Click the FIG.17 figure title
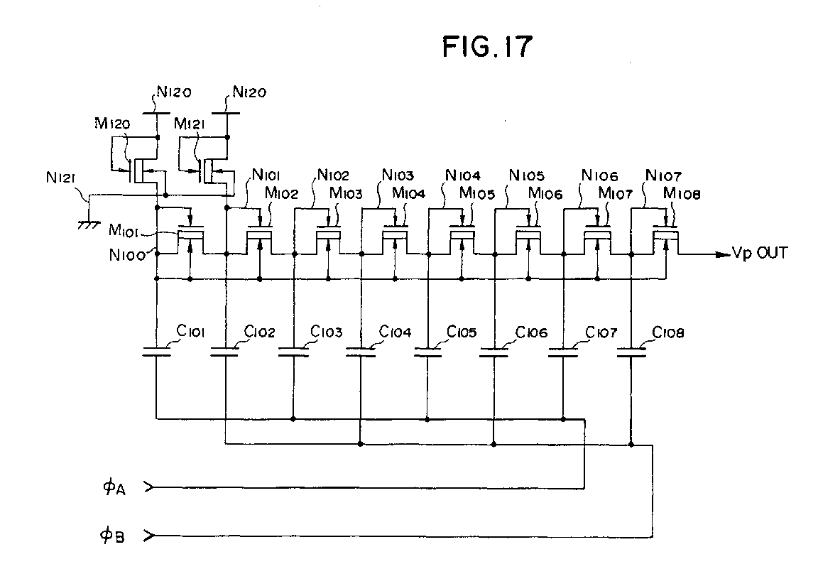(486, 47)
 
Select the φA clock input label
(114, 488)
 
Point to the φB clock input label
(114, 534)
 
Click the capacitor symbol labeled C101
(156, 352)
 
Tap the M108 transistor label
(682, 193)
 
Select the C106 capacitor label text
(531, 332)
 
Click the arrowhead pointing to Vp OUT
(724, 254)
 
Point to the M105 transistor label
(477, 193)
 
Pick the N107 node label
(665, 175)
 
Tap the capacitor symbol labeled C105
(427, 352)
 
